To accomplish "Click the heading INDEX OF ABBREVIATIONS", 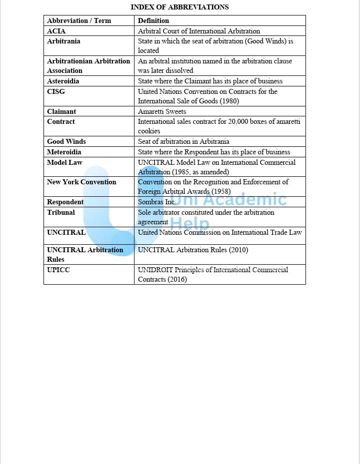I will (179, 7).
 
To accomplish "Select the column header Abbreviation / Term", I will (79, 20).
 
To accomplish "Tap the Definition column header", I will (153, 20).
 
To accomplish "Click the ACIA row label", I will (56, 31).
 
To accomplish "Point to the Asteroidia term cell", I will (63, 81).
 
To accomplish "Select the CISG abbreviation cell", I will (56, 91).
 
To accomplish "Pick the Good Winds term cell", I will (66, 141).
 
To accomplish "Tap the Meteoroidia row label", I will (64, 152).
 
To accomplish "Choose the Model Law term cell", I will (64, 162).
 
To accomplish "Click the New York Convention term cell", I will (81, 182).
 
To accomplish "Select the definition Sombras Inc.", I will (156, 202).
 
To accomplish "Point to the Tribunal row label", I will (61, 212).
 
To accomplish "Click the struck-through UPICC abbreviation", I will (58, 270).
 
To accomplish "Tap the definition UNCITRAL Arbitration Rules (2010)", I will (193, 250).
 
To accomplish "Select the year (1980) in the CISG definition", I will (229, 101).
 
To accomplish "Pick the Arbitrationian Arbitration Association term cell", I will (88, 65).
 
